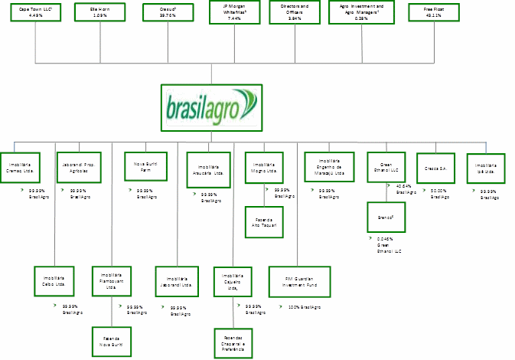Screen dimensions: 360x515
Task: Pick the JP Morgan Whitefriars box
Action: (233, 14)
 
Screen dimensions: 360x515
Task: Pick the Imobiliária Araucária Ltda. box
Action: (208, 169)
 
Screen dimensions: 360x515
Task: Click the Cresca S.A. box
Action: (435, 166)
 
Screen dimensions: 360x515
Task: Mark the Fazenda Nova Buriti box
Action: (112, 339)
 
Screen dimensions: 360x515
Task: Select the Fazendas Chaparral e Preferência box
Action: (233, 342)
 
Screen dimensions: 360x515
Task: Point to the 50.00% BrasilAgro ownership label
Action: (439, 194)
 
